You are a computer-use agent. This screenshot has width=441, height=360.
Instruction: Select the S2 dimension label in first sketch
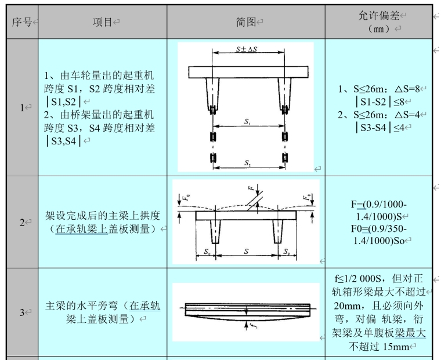248,163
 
